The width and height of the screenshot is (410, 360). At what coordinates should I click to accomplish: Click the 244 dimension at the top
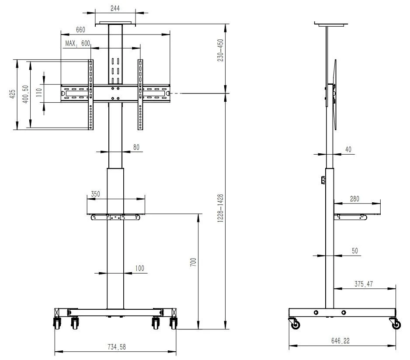click(115, 8)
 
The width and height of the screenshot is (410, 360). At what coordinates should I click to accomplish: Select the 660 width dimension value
click(80, 30)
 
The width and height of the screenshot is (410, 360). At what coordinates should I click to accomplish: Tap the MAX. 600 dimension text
click(77, 43)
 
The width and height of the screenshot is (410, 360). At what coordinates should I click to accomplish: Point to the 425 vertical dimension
click(12, 94)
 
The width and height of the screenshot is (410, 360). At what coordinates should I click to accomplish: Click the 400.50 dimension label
click(25, 94)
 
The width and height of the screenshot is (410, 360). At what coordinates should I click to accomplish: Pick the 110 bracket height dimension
click(39, 93)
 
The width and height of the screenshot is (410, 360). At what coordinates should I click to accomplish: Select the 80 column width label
click(136, 147)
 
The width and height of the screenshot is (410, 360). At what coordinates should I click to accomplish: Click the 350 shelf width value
click(95, 194)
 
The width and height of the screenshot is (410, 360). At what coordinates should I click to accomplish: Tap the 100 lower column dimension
click(139, 268)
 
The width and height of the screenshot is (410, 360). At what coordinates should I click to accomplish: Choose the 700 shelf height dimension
click(193, 262)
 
